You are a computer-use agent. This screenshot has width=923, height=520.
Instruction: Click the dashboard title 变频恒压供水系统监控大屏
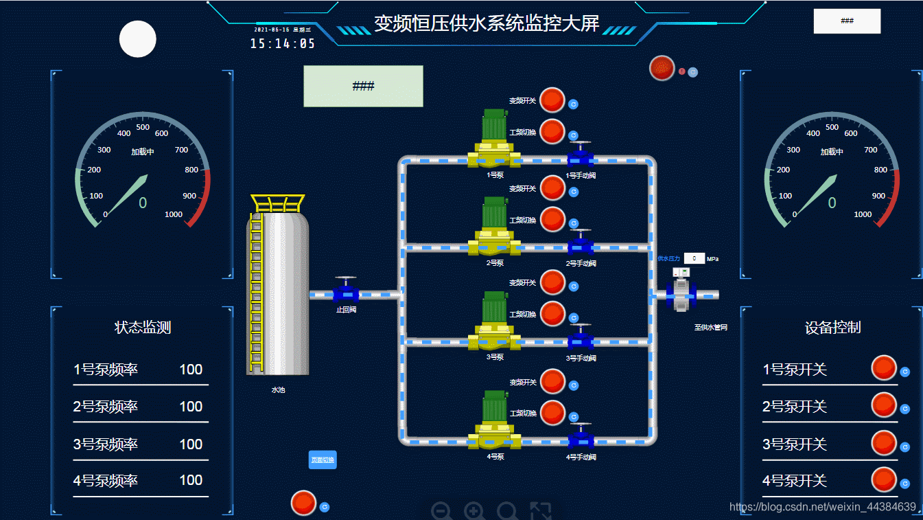[486, 24]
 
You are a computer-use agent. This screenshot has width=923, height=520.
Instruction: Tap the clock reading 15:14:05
[282, 44]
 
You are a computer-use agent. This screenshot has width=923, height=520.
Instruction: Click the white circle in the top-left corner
[138, 39]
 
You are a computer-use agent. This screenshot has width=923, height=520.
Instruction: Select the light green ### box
[363, 87]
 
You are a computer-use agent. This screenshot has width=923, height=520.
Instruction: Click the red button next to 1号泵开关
[884, 368]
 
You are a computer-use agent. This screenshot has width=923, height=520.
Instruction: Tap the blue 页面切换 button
[323, 460]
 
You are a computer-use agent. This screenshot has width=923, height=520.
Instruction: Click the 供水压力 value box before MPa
[694, 258]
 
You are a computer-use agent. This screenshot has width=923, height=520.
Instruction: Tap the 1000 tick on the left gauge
[174, 214]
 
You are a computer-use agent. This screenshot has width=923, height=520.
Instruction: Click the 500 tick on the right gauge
[832, 127]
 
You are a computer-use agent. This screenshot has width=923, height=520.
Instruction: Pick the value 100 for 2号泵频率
[191, 407]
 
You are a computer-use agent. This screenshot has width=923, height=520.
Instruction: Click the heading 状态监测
[143, 328]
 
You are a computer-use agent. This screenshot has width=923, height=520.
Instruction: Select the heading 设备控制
[832, 328]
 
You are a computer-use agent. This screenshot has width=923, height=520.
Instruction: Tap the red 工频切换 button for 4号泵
[552, 413]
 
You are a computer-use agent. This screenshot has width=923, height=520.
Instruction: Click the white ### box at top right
[847, 21]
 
